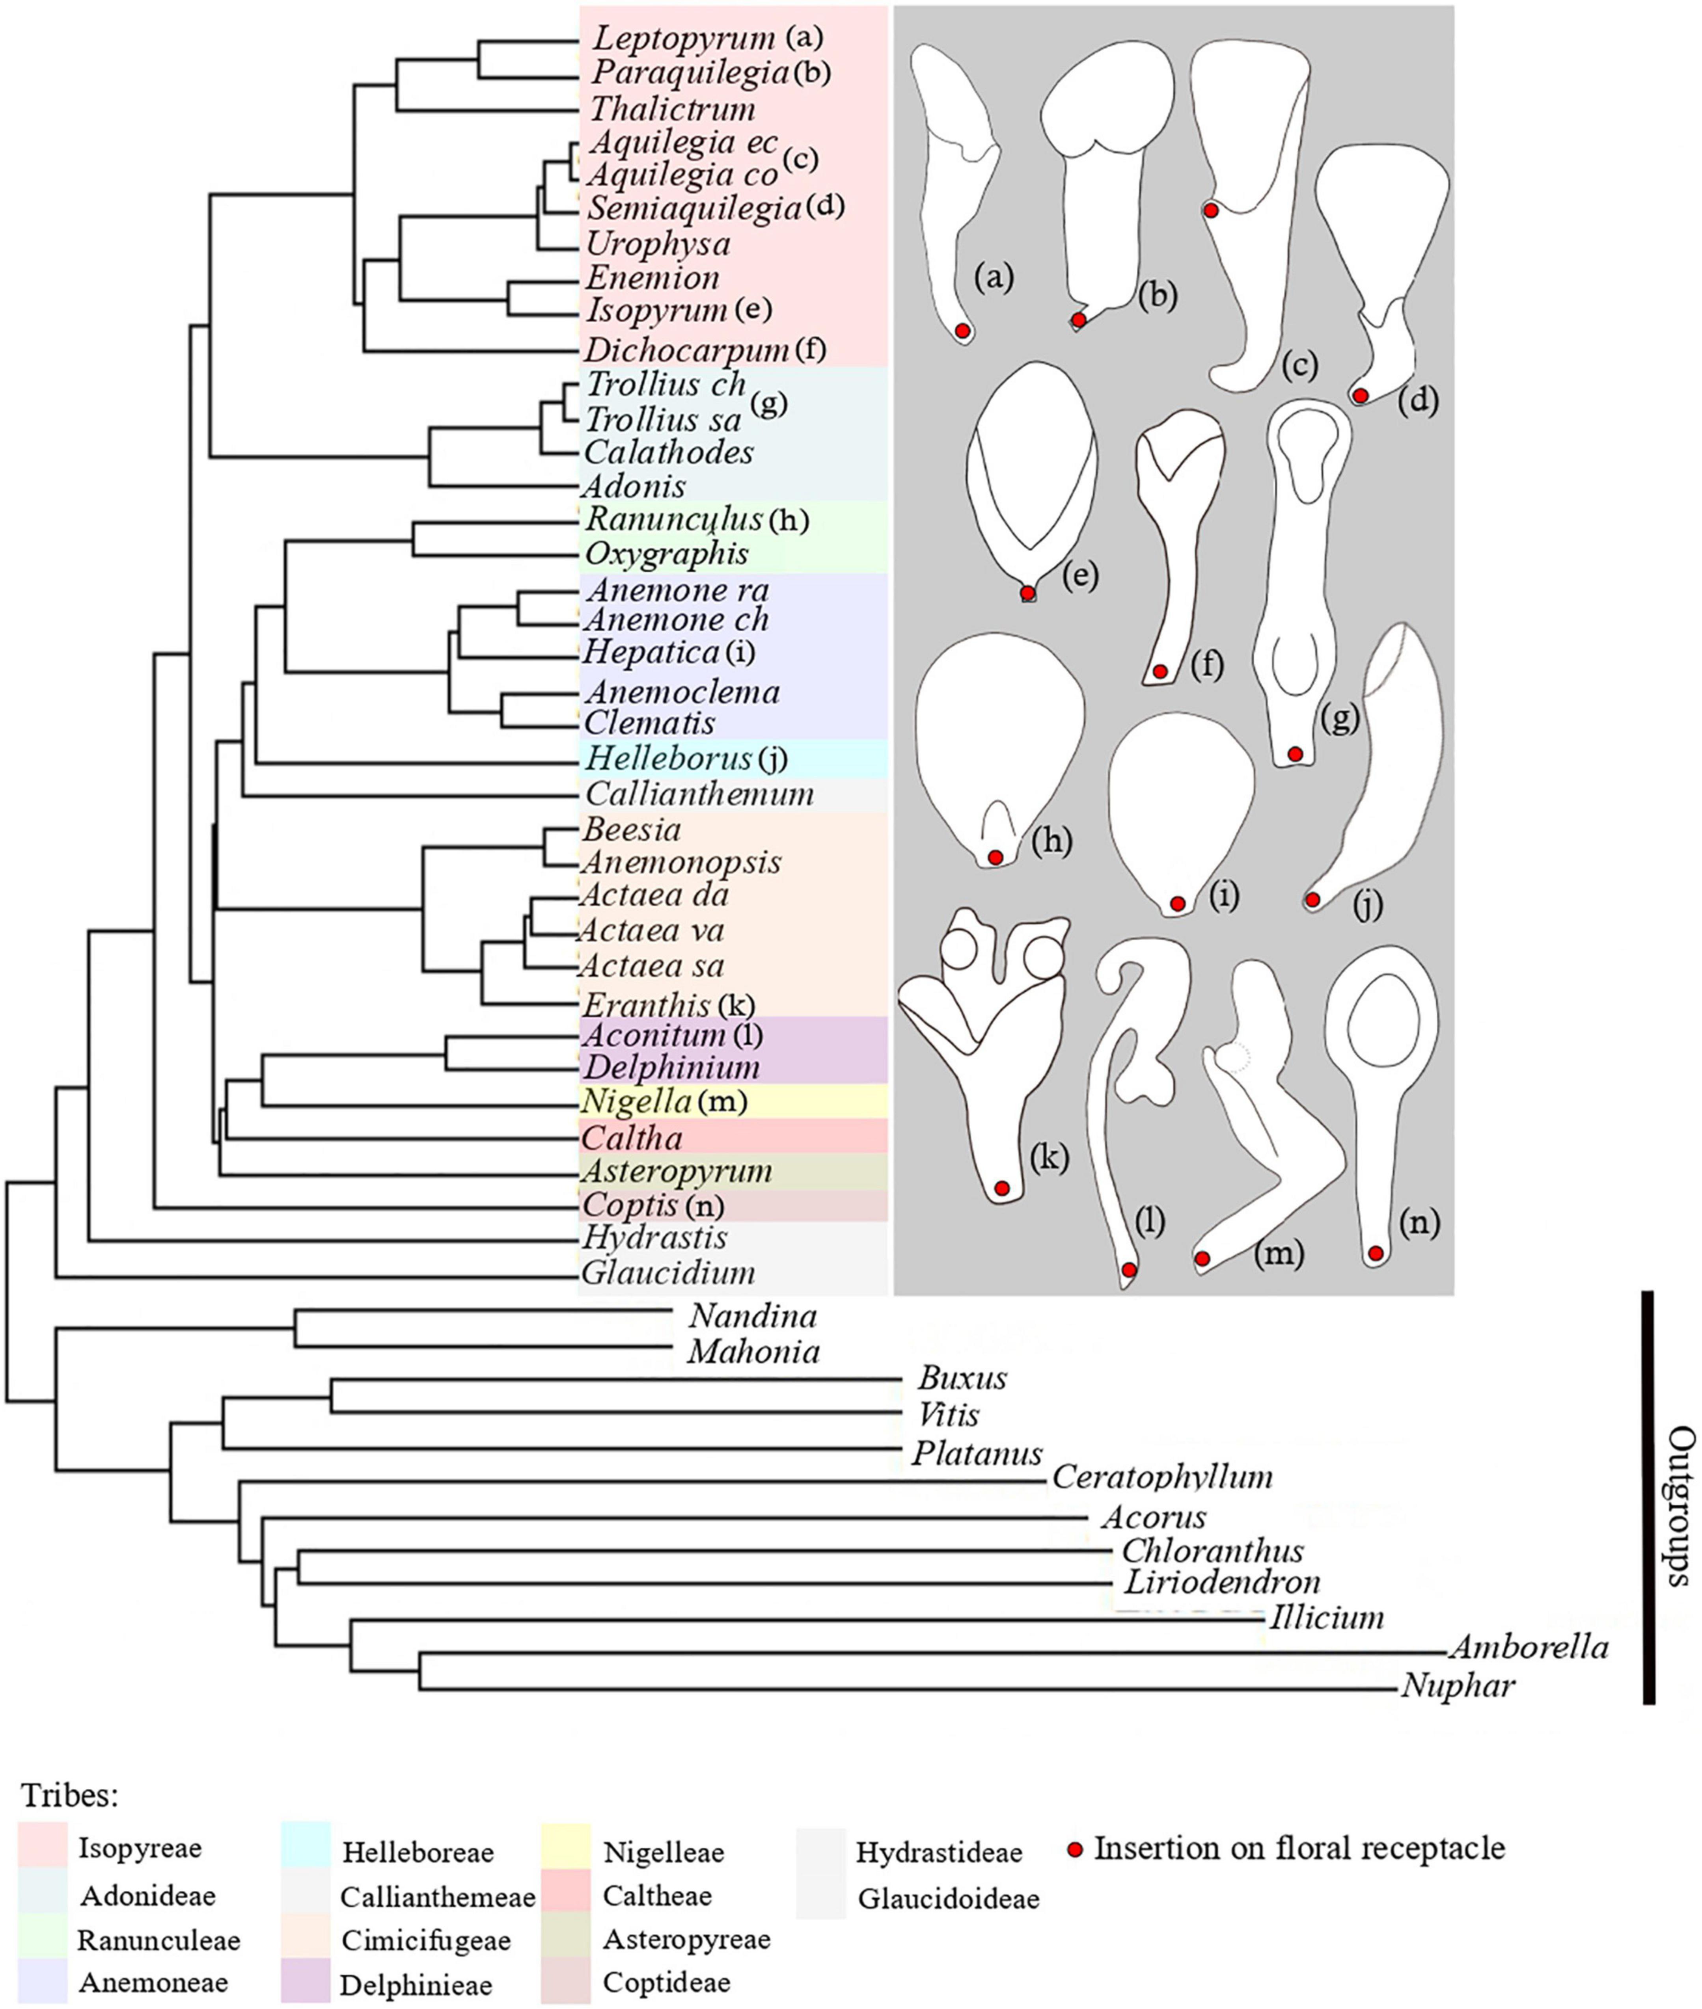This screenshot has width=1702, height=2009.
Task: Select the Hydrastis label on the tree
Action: pos(655,1237)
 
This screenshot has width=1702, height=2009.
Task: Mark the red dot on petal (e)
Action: pos(1029,592)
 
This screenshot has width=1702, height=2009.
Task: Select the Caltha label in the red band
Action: pos(632,1138)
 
